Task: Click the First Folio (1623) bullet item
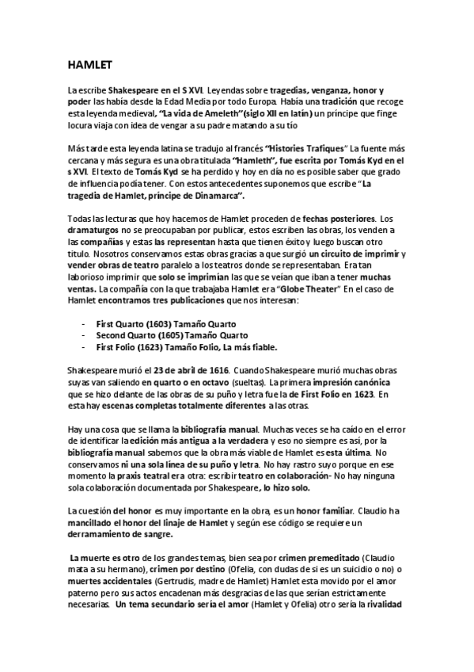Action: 187,347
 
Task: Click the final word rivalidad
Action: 382,604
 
